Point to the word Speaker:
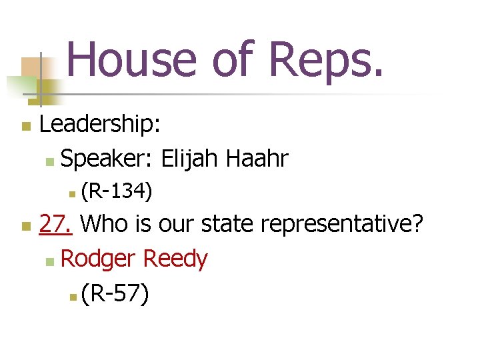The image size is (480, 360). coord(107,159)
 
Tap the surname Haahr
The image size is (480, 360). coord(257,159)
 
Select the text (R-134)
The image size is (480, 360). coord(117,192)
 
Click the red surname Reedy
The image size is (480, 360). coord(175,259)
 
